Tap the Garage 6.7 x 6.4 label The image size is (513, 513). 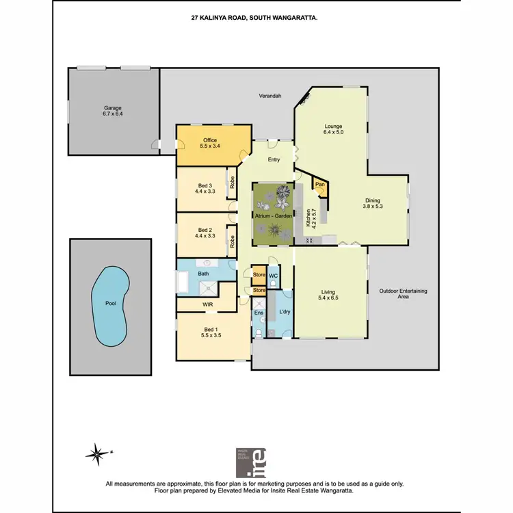[113, 111]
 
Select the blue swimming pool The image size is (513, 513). [110, 305]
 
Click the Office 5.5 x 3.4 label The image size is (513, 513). [209, 144]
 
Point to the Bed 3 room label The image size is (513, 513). [205, 189]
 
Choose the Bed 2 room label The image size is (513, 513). [205, 233]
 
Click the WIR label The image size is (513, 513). [209, 304]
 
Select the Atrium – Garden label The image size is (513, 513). [274, 215]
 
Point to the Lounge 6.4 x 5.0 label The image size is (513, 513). [333, 129]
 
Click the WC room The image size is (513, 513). [272, 276]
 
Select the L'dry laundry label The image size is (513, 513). [284, 313]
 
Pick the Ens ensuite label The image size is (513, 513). [259, 313]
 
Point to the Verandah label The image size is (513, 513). [270, 96]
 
